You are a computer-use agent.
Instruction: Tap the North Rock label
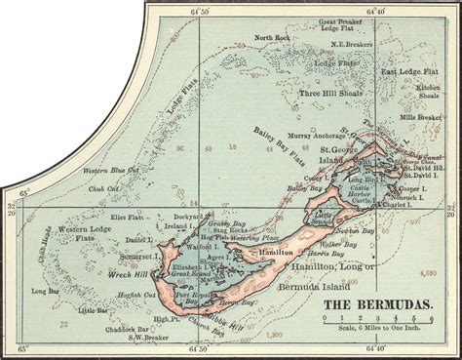point(272,38)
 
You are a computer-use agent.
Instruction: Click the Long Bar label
point(46,291)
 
